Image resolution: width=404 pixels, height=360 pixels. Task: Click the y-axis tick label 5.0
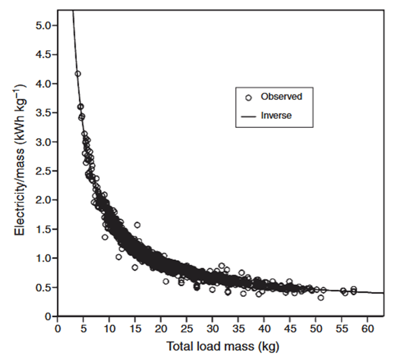coord(44,25)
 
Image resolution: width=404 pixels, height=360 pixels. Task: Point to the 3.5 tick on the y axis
coord(44,112)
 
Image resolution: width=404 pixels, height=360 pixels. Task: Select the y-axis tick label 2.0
coord(44,199)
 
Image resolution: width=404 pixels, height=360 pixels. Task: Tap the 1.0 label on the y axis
coord(44,258)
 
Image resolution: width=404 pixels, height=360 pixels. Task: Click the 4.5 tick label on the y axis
coord(44,54)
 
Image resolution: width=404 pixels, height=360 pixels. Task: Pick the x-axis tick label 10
coord(109,328)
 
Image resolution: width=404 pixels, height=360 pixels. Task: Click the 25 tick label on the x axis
coord(187,328)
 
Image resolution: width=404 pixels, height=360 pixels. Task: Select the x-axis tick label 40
coord(264,328)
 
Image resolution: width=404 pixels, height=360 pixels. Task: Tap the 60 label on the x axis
coord(368,328)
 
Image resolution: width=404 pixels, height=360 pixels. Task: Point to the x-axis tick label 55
coord(342,328)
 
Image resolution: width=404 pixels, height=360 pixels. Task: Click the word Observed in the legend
coord(281,96)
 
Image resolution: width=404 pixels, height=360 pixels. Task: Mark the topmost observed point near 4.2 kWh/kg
coord(78,74)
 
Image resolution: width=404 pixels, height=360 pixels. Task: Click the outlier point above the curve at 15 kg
coord(137,225)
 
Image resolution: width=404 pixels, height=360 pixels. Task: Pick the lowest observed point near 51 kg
coord(321,298)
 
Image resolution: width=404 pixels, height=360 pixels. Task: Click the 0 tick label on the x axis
coord(58,328)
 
